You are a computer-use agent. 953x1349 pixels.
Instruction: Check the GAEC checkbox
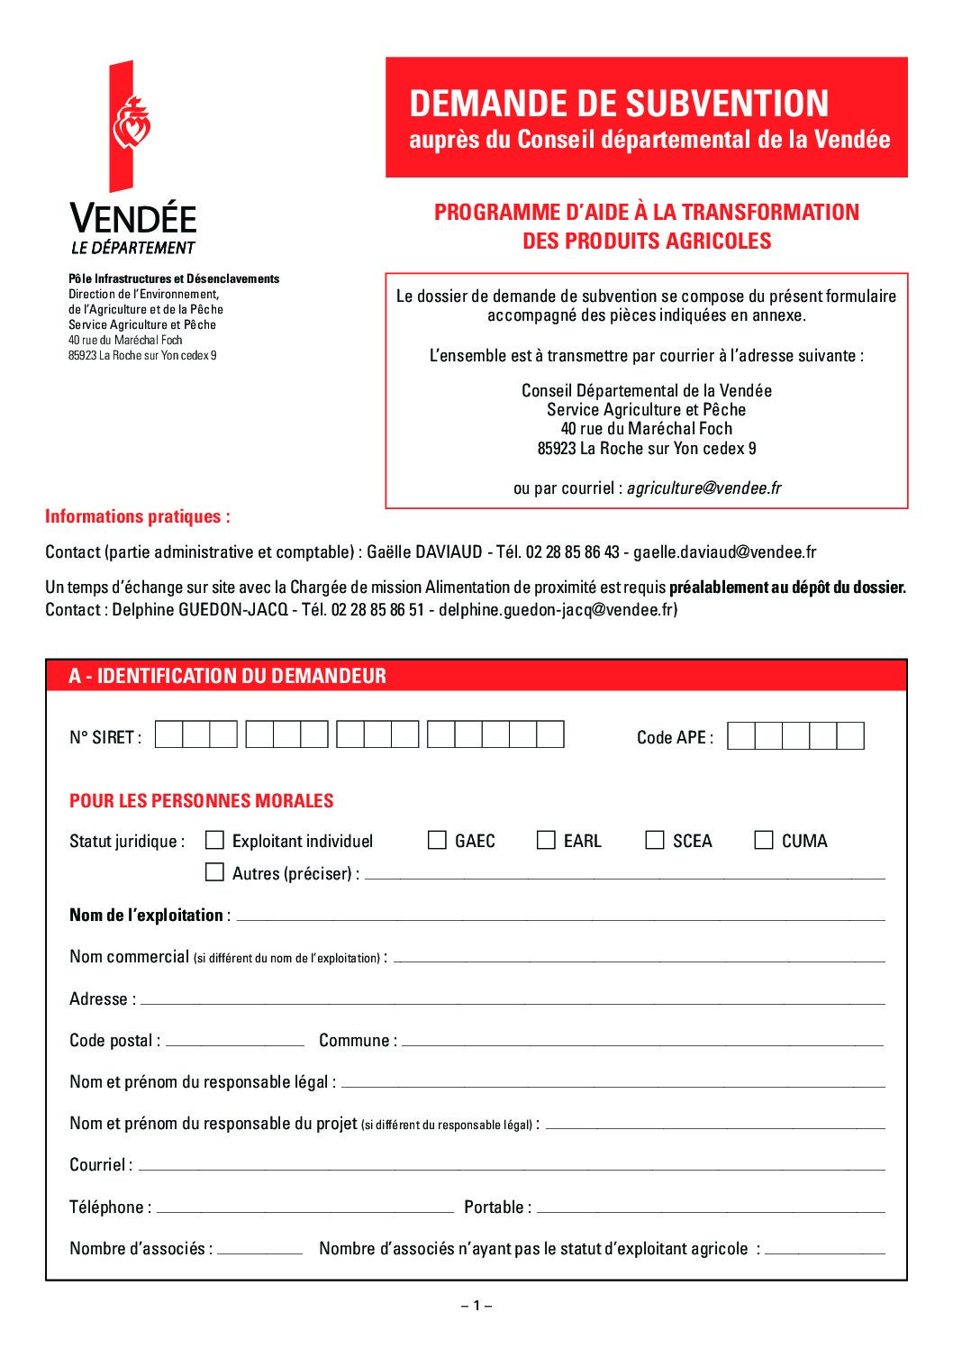pyautogui.click(x=437, y=840)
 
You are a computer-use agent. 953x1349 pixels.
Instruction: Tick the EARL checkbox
pyautogui.click(x=546, y=840)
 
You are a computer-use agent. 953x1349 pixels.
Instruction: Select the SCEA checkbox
pyautogui.click(x=655, y=840)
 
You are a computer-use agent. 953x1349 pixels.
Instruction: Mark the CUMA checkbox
pyautogui.click(x=764, y=840)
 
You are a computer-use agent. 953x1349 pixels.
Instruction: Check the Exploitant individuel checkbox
pyautogui.click(x=214, y=840)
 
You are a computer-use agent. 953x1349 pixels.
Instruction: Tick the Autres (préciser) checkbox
pyautogui.click(x=214, y=872)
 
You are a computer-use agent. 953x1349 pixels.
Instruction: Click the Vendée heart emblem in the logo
pyautogui.click(x=131, y=126)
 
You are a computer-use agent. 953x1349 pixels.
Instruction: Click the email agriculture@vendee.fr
pyautogui.click(x=703, y=488)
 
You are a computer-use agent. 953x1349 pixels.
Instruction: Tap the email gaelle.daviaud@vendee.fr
pyautogui.click(x=724, y=552)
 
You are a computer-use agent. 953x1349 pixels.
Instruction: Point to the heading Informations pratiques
pyautogui.click(x=138, y=516)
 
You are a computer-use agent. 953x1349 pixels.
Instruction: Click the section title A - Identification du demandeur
pyautogui.click(x=227, y=676)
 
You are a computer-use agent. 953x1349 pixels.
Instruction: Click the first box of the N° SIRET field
pyautogui.click(x=168, y=735)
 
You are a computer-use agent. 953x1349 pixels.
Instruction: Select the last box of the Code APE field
pyautogui.click(x=850, y=736)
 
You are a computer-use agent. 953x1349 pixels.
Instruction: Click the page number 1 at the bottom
pyautogui.click(x=476, y=1306)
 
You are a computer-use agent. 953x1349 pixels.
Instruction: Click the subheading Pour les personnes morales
pyautogui.click(x=202, y=801)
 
